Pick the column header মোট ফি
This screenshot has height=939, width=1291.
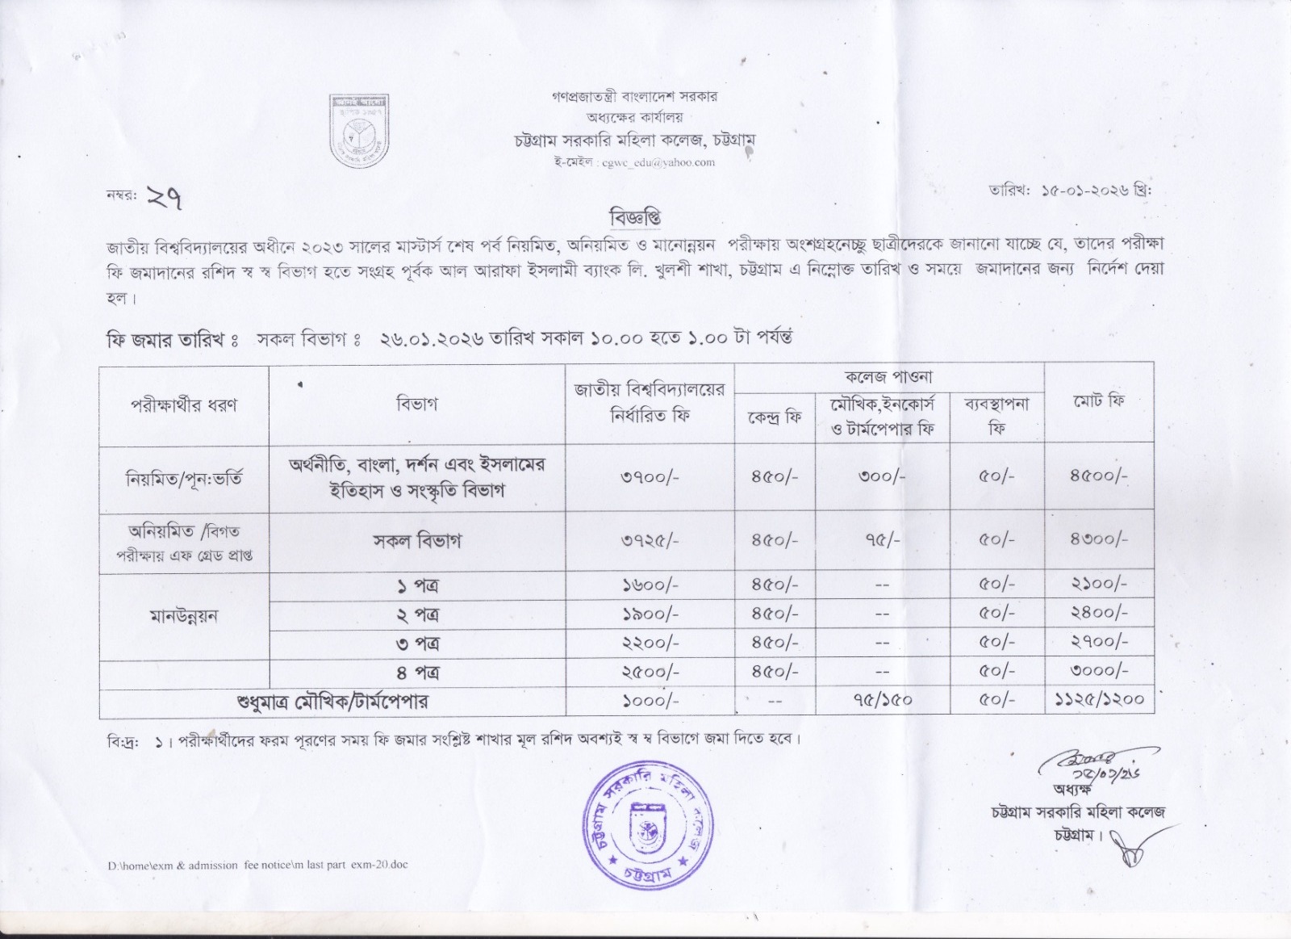point(1098,401)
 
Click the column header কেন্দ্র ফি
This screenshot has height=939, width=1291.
point(774,417)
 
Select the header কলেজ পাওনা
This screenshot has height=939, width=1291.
point(888,376)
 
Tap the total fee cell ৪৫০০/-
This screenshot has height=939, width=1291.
point(1098,476)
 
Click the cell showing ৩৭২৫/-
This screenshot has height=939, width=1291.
point(650,540)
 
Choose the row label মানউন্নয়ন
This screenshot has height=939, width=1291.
point(184,616)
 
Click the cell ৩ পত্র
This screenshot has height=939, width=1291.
point(417,643)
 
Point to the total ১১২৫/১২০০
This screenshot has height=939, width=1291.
point(1098,700)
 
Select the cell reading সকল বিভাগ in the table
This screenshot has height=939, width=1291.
point(416,541)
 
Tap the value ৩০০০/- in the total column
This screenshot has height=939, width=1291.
point(1098,672)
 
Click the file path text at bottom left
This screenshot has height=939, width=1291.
point(258,865)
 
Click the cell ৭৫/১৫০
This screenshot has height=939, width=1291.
point(882,700)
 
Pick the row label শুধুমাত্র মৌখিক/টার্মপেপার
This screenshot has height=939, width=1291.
point(332,702)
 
